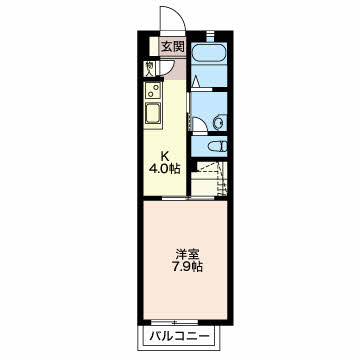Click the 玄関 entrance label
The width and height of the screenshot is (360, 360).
[173, 47]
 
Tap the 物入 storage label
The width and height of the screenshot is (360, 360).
[149, 69]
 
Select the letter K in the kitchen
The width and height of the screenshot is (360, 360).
[164, 156]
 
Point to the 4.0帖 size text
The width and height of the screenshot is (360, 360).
[164, 169]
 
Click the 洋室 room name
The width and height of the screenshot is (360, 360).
[188, 255]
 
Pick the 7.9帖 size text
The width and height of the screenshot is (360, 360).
[187, 268]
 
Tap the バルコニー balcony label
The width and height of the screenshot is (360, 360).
[180, 336]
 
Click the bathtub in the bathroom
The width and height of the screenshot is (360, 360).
[209, 52]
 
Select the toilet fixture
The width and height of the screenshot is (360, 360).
[218, 146]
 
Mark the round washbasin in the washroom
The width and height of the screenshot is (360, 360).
[219, 122]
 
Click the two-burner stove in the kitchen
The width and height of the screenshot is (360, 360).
[153, 90]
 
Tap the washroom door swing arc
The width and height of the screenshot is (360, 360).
[200, 125]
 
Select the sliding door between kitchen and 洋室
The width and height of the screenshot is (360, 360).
[188, 198]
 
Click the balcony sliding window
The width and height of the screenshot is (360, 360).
[174, 322]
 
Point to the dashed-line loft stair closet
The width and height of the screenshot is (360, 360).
[209, 179]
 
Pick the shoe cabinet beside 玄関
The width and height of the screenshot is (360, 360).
[154, 46]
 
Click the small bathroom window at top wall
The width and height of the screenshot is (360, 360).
[210, 35]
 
